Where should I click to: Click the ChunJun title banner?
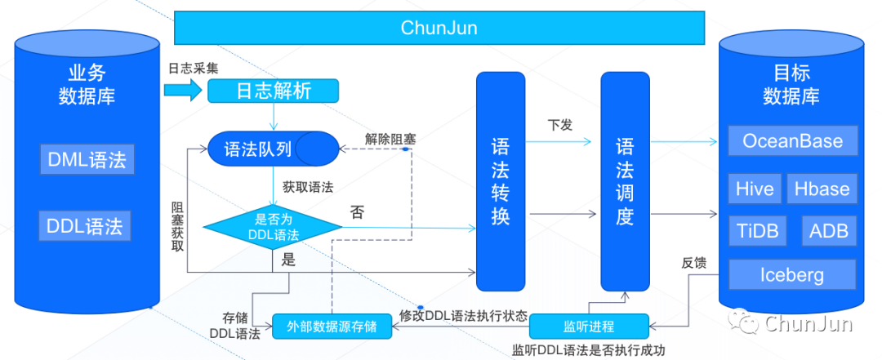point(439,28)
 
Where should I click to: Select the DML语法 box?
point(86,159)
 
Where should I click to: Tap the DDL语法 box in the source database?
point(86,225)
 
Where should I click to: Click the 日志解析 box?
point(273,91)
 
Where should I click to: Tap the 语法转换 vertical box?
point(501,181)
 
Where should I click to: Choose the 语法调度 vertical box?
point(625,181)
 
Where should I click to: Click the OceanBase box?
point(792,141)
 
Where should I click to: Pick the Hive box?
point(755,189)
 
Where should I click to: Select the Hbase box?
point(822,189)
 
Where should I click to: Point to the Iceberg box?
point(792,274)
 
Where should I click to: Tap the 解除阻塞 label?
point(390,140)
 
